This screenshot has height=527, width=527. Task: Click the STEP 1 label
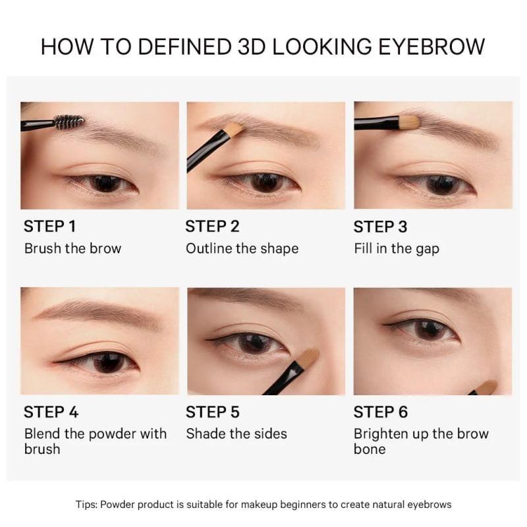click(49, 227)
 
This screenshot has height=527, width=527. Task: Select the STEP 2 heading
click(212, 227)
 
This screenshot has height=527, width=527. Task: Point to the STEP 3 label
click(380, 227)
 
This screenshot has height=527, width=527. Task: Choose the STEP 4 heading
click(51, 412)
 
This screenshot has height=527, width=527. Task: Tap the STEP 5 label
click(213, 412)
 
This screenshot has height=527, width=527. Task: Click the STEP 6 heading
click(381, 412)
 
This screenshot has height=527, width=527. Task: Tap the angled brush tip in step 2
click(234, 128)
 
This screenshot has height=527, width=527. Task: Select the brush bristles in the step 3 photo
click(408, 122)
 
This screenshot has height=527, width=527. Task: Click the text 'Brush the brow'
click(72, 248)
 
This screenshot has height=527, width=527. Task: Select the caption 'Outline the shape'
click(242, 248)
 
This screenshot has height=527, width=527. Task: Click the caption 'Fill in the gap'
click(396, 248)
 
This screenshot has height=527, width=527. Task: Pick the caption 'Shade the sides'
click(236, 433)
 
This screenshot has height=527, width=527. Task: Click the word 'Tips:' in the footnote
click(86, 505)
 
